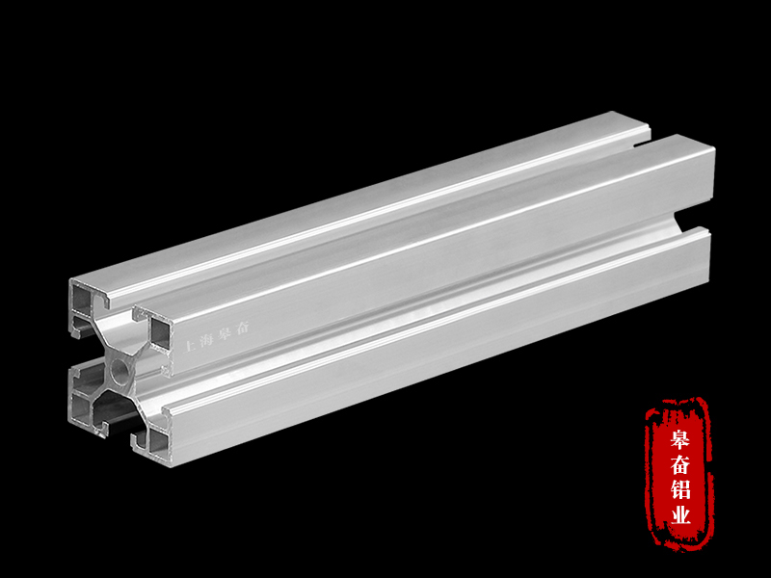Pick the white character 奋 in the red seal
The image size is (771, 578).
click(680, 466)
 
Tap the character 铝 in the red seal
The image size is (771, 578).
click(681, 491)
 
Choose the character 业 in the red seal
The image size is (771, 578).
click(681, 515)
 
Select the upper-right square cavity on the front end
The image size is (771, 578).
click(159, 333)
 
